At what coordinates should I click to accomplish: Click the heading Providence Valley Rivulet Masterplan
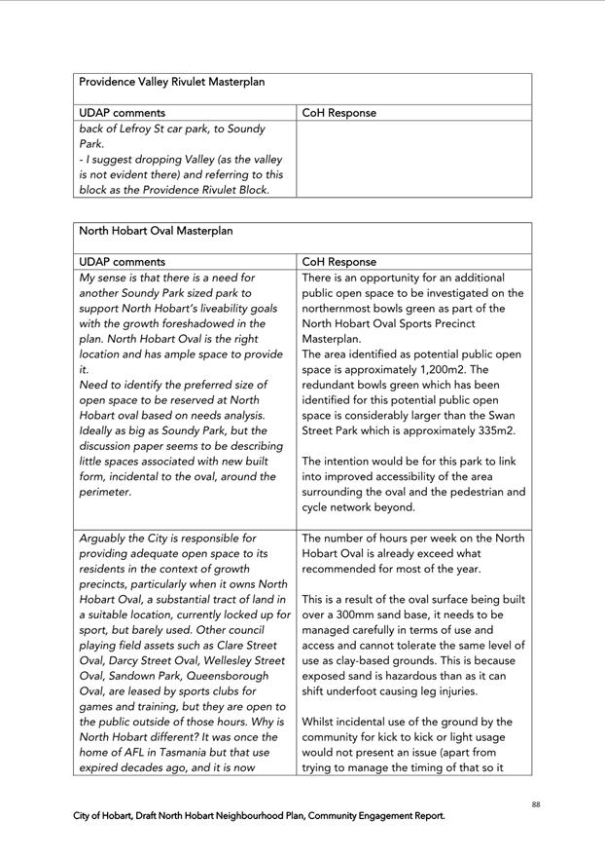click(171, 83)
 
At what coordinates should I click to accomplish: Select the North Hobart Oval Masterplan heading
click(156, 232)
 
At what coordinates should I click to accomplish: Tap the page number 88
click(536, 804)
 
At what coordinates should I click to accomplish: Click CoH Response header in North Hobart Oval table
click(338, 262)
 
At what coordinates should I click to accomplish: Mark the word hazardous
click(418, 676)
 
